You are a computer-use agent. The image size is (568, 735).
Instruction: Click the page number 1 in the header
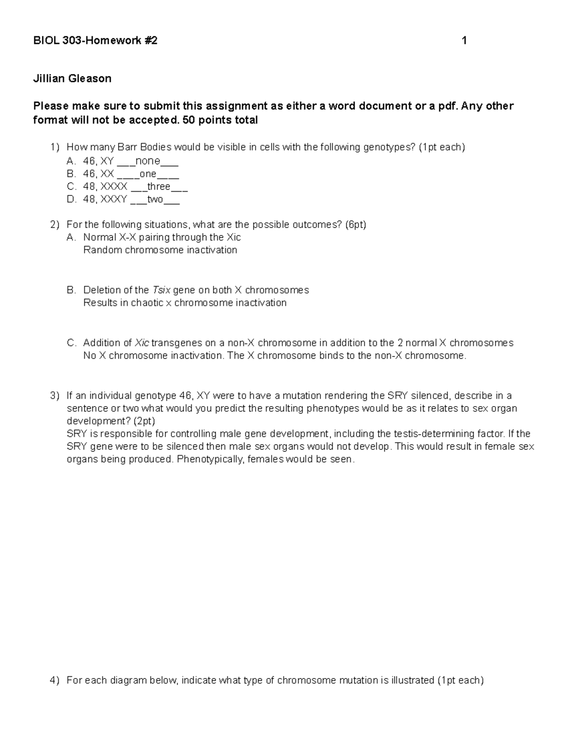coord(464,41)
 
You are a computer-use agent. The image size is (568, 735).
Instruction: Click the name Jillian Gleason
coord(72,79)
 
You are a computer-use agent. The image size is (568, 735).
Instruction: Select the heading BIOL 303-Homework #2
coord(95,41)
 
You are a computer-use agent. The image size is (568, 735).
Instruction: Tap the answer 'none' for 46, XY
coord(148,161)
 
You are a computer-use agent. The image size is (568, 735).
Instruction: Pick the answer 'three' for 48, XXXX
coord(159,186)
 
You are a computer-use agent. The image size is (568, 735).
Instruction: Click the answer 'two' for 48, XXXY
coord(155,199)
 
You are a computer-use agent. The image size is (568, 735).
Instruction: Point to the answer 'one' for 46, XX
coord(148,174)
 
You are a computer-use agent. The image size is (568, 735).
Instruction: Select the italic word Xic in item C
coord(142,343)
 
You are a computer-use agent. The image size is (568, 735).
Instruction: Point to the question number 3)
coord(55,396)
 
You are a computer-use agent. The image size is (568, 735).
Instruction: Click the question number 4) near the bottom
coord(55,681)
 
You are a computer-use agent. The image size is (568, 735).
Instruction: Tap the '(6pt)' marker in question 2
coord(355,224)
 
